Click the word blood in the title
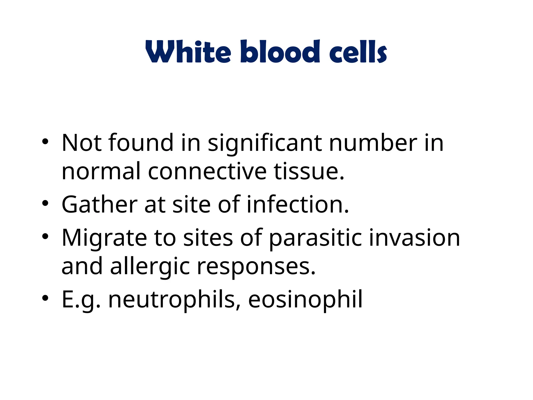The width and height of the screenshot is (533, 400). tap(280, 52)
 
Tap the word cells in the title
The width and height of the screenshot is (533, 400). tap(358, 52)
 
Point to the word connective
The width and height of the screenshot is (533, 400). tap(207, 171)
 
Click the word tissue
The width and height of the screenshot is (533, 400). tap(308, 171)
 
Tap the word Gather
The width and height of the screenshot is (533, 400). tap(99, 204)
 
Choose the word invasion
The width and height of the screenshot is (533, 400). tap(414, 238)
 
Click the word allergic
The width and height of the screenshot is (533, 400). tap(150, 267)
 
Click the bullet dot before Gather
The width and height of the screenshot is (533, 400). tap(45, 203)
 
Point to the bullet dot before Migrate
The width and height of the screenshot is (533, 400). tap(45, 236)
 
